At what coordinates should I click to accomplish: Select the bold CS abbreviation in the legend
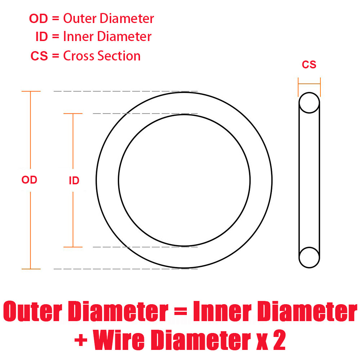pyautogui.click(x=39, y=57)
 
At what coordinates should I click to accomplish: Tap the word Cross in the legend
pyautogui.click(x=77, y=56)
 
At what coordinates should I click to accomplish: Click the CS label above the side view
pyautogui.click(x=309, y=65)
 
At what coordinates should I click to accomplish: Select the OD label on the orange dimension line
pyautogui.click(x=30, y=180)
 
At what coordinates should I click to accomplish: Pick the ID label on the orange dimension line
pyautogui.click(x=74, y=181)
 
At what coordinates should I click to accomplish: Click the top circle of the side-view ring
pyautogui.click(x=309, y=103)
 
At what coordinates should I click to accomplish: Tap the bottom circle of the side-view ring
pyautogui.click(x=309, y=257)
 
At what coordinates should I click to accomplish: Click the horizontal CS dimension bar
pyautogui.click(x=309, y=84)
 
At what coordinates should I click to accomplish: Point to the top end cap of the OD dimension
pyautogui.click(x=31, y=91)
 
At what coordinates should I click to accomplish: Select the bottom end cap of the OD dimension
pyautogui.click(x=31, y=269)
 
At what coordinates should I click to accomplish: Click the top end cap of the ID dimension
pyautogui.click(x=73, y=114)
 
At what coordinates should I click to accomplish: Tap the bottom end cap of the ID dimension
pyautogui.click(x=73, y=247)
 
